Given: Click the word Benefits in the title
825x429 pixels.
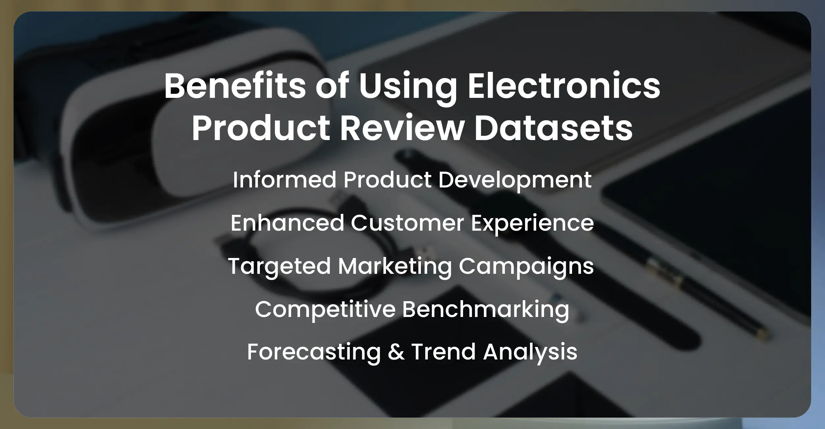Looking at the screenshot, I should tap(235, 86).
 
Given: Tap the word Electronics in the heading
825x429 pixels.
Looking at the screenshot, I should tap(564, 86).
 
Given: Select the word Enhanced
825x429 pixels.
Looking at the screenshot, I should tap(287, 223).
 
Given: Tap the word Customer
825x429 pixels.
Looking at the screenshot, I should tap(407, 223).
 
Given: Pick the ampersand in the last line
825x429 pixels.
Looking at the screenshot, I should tap(396, 352).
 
